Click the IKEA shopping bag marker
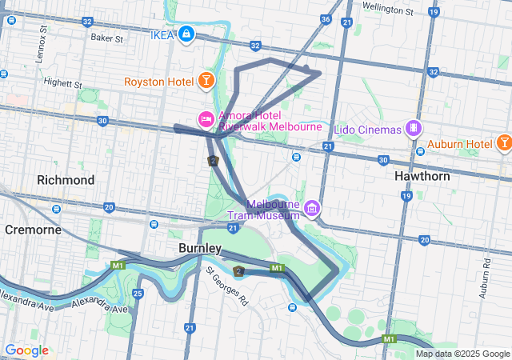[x=186, y=34]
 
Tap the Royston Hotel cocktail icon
[x=206, y=80]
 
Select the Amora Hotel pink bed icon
[x=206, y=120]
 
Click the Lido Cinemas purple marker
[x=413, y=128]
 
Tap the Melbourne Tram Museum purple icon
[x=311, y=210]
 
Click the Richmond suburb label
[x=66, y=180]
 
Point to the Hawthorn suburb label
[x=422, y=175]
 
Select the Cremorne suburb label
[x=34, y=230]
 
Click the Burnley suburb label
[x=200, y=248]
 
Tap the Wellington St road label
[x=387, y=10]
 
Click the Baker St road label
[x=107, y=38]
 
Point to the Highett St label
[x=63, y=82]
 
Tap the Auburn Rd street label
[x=485, y=279]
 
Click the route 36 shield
[x=325, y=18]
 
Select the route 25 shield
[x=138, y=294]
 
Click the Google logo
[x=26, y=350]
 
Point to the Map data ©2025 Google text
[x=462, y=354]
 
